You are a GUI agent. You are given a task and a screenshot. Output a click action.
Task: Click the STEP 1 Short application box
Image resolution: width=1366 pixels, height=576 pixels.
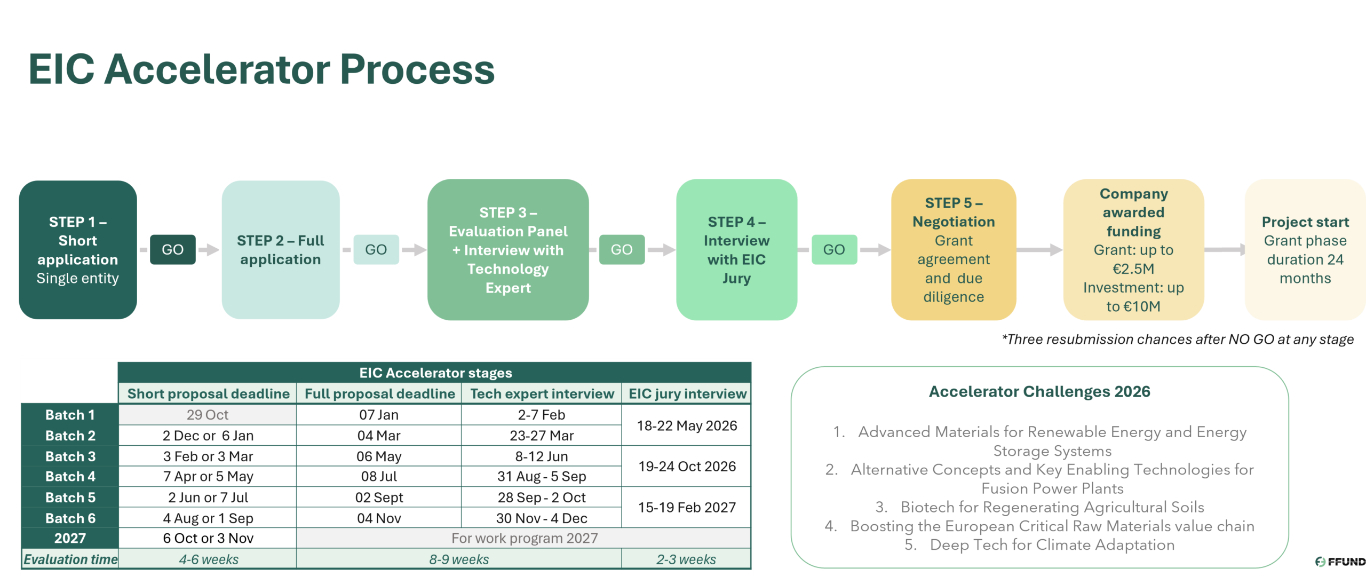tap(78, 250)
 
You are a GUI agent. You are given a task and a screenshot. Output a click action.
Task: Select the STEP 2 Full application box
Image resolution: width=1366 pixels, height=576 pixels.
tap(281, 250)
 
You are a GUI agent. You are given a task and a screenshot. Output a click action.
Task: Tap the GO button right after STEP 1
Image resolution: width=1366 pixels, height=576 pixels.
tap(172, 249)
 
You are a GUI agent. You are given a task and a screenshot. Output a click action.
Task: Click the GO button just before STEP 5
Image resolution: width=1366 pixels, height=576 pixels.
tap(833, 249)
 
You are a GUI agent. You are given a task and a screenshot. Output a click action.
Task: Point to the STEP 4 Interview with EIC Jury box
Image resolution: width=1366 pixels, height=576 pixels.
tap(736, 250)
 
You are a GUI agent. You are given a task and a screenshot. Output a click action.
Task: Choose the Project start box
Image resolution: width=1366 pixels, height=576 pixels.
tap(1305, 250)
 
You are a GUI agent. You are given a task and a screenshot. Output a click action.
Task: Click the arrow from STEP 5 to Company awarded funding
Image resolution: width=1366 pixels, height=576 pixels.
tap(1039, 249)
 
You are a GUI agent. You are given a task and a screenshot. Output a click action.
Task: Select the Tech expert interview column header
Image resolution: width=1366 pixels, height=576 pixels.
tap(542, 394)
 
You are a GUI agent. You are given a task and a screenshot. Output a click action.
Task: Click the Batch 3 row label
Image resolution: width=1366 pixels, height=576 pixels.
tap(70, 456)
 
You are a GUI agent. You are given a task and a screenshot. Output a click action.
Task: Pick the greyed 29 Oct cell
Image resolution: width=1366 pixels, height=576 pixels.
tap(207, 415)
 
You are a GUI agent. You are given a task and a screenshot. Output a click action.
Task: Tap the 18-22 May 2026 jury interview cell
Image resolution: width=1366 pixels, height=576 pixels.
tap(687, 425)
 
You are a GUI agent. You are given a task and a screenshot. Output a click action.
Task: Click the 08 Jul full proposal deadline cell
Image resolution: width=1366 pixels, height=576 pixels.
tap(379, 476)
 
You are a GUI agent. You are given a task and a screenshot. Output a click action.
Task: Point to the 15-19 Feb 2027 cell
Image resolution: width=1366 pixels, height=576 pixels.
tap(687, 507)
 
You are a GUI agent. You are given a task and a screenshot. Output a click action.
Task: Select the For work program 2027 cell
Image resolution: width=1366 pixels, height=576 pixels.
tap(524, 538)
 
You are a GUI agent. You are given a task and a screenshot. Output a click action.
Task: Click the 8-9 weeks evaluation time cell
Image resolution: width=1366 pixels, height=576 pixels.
tap(459, 559)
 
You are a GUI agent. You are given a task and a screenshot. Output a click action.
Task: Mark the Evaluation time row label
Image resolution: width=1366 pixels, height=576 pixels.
tap(70, 559)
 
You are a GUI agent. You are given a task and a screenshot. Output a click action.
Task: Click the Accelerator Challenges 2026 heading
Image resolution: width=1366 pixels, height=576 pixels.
tap(1039, 392)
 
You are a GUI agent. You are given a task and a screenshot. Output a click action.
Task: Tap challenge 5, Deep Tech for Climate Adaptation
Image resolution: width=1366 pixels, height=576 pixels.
tap(1052, 545)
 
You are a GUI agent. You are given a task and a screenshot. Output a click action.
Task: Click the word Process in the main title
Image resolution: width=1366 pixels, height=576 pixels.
tap(417, 70)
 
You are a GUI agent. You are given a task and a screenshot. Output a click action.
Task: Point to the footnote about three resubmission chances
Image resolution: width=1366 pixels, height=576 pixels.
tap(1178, 340)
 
